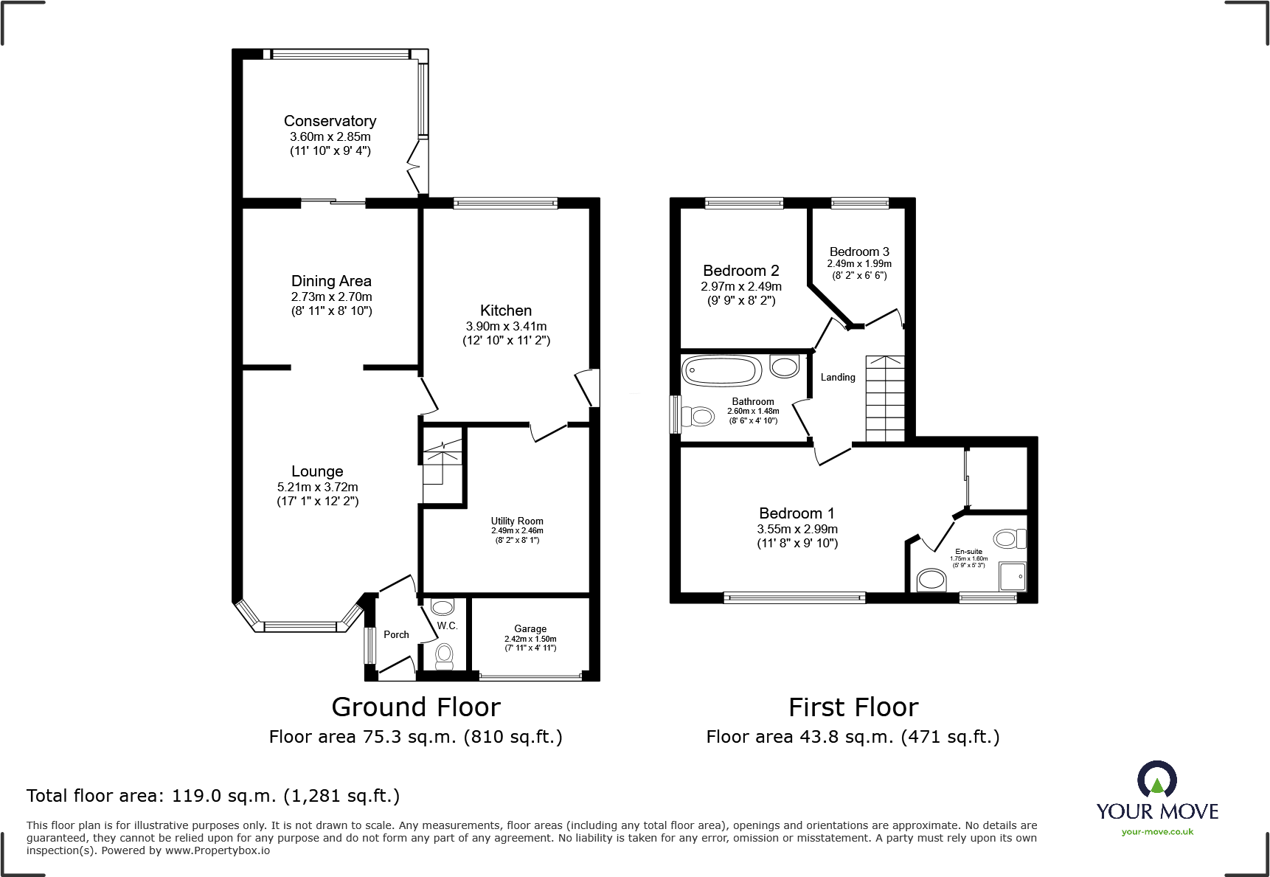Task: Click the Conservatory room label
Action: [x=330, y=121]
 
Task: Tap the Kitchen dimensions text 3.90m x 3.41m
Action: [x=506, y=326]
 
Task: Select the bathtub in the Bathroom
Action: [x=721, y=370]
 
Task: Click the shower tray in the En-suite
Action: [x=1012, y=576]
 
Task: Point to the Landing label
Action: [x=838, y=378]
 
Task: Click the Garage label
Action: [x=530, y=629]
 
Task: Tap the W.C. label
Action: [x=447, y=625]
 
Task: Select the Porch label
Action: [x=396, y=634]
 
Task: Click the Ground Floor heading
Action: [x=416, y=707]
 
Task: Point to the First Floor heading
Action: [x=853, y=707]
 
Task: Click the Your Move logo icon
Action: [x=1156, y=779]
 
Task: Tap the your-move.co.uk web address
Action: [x=1157, y=832]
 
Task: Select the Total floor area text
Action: [x=213, y=796]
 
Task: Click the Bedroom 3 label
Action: [x=859, y=252]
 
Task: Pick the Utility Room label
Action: [x=517, y=521]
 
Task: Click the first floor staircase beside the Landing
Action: [x=884, y=398]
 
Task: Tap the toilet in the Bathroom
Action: [x=698, y=417]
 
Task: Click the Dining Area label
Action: [x=331, y=281]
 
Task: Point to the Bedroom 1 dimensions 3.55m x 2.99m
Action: [x=797, y=529]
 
